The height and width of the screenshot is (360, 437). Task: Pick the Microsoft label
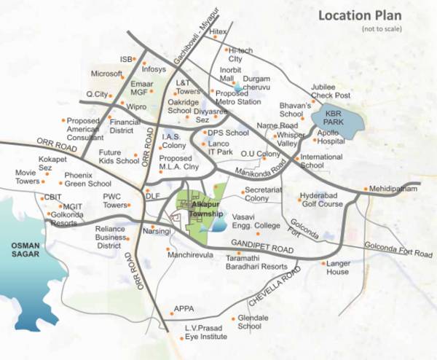click(106, 74)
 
